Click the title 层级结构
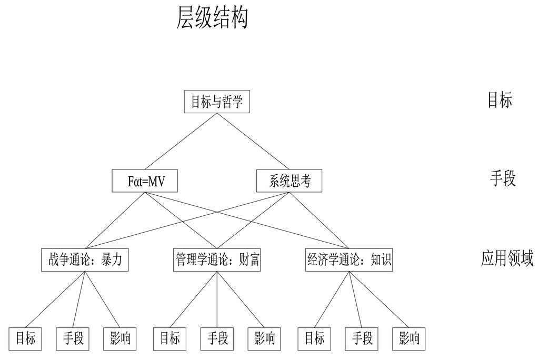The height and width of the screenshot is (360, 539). point(212,18)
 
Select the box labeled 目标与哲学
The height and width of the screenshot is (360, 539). point(217,102)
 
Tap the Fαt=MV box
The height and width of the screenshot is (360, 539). point(145,182)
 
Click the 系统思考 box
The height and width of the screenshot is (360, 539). point(289,182)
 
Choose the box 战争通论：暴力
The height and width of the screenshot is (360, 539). point(85,260)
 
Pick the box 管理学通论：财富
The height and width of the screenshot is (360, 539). point(217,260)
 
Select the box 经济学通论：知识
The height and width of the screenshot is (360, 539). point(350,260)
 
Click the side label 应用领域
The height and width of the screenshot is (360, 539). point(507,258)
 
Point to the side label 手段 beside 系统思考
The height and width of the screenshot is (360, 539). point(503,179)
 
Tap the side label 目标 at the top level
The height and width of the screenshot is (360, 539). point(500,99)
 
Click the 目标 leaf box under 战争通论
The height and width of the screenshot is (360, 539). point(25,338)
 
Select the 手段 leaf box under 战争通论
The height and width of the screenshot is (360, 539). point(73,338)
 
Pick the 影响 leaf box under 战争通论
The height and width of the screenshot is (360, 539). point(120,338)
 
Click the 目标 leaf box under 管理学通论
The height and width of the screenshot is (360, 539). point(170,338)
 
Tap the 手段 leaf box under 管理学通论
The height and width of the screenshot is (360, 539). point(217,338)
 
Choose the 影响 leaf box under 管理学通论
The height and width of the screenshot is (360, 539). point(264,338)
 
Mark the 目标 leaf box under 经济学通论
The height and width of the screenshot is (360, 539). point(314,338)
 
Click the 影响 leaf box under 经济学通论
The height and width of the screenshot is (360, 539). point(409,338)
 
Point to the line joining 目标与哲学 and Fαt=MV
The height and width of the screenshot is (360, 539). point(181,142)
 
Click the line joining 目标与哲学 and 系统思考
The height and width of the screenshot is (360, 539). point(253,142)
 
